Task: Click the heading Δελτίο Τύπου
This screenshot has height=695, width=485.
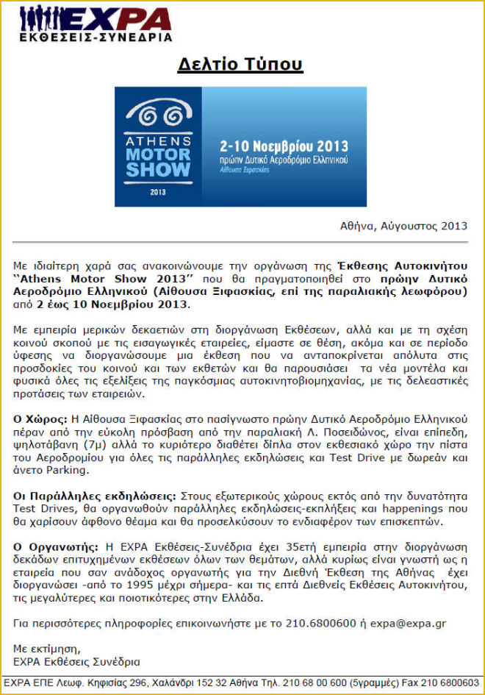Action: pos(240,65)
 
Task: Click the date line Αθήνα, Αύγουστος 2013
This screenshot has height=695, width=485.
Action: pos(404,226)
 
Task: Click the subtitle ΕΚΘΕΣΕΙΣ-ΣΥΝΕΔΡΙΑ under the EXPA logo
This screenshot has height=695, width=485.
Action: pos(96,37)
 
